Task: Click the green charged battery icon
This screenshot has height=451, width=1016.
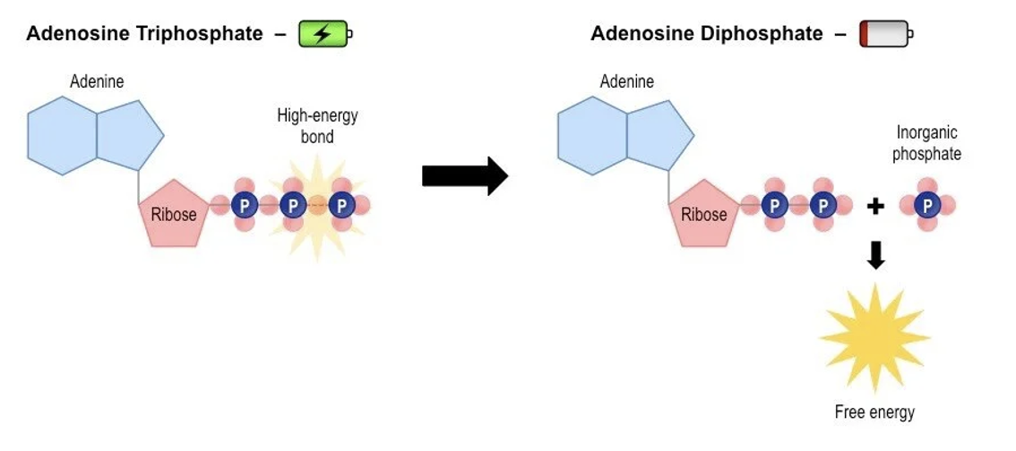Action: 323,34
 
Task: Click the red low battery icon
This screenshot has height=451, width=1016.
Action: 885,34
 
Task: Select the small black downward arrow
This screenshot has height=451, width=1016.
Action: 876,256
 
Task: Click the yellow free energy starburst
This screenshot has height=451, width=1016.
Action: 874,336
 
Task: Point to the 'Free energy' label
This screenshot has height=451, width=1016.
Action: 874,412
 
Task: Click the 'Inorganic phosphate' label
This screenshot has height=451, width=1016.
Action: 926,143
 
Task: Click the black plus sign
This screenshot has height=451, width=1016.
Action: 875,207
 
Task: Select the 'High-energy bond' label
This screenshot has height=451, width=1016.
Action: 317,126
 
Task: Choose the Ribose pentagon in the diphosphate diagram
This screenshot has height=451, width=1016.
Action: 704,212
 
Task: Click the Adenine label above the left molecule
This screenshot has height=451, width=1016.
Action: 97,82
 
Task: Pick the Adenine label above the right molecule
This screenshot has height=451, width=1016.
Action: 627,82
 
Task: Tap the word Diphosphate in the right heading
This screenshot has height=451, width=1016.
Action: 764,34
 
